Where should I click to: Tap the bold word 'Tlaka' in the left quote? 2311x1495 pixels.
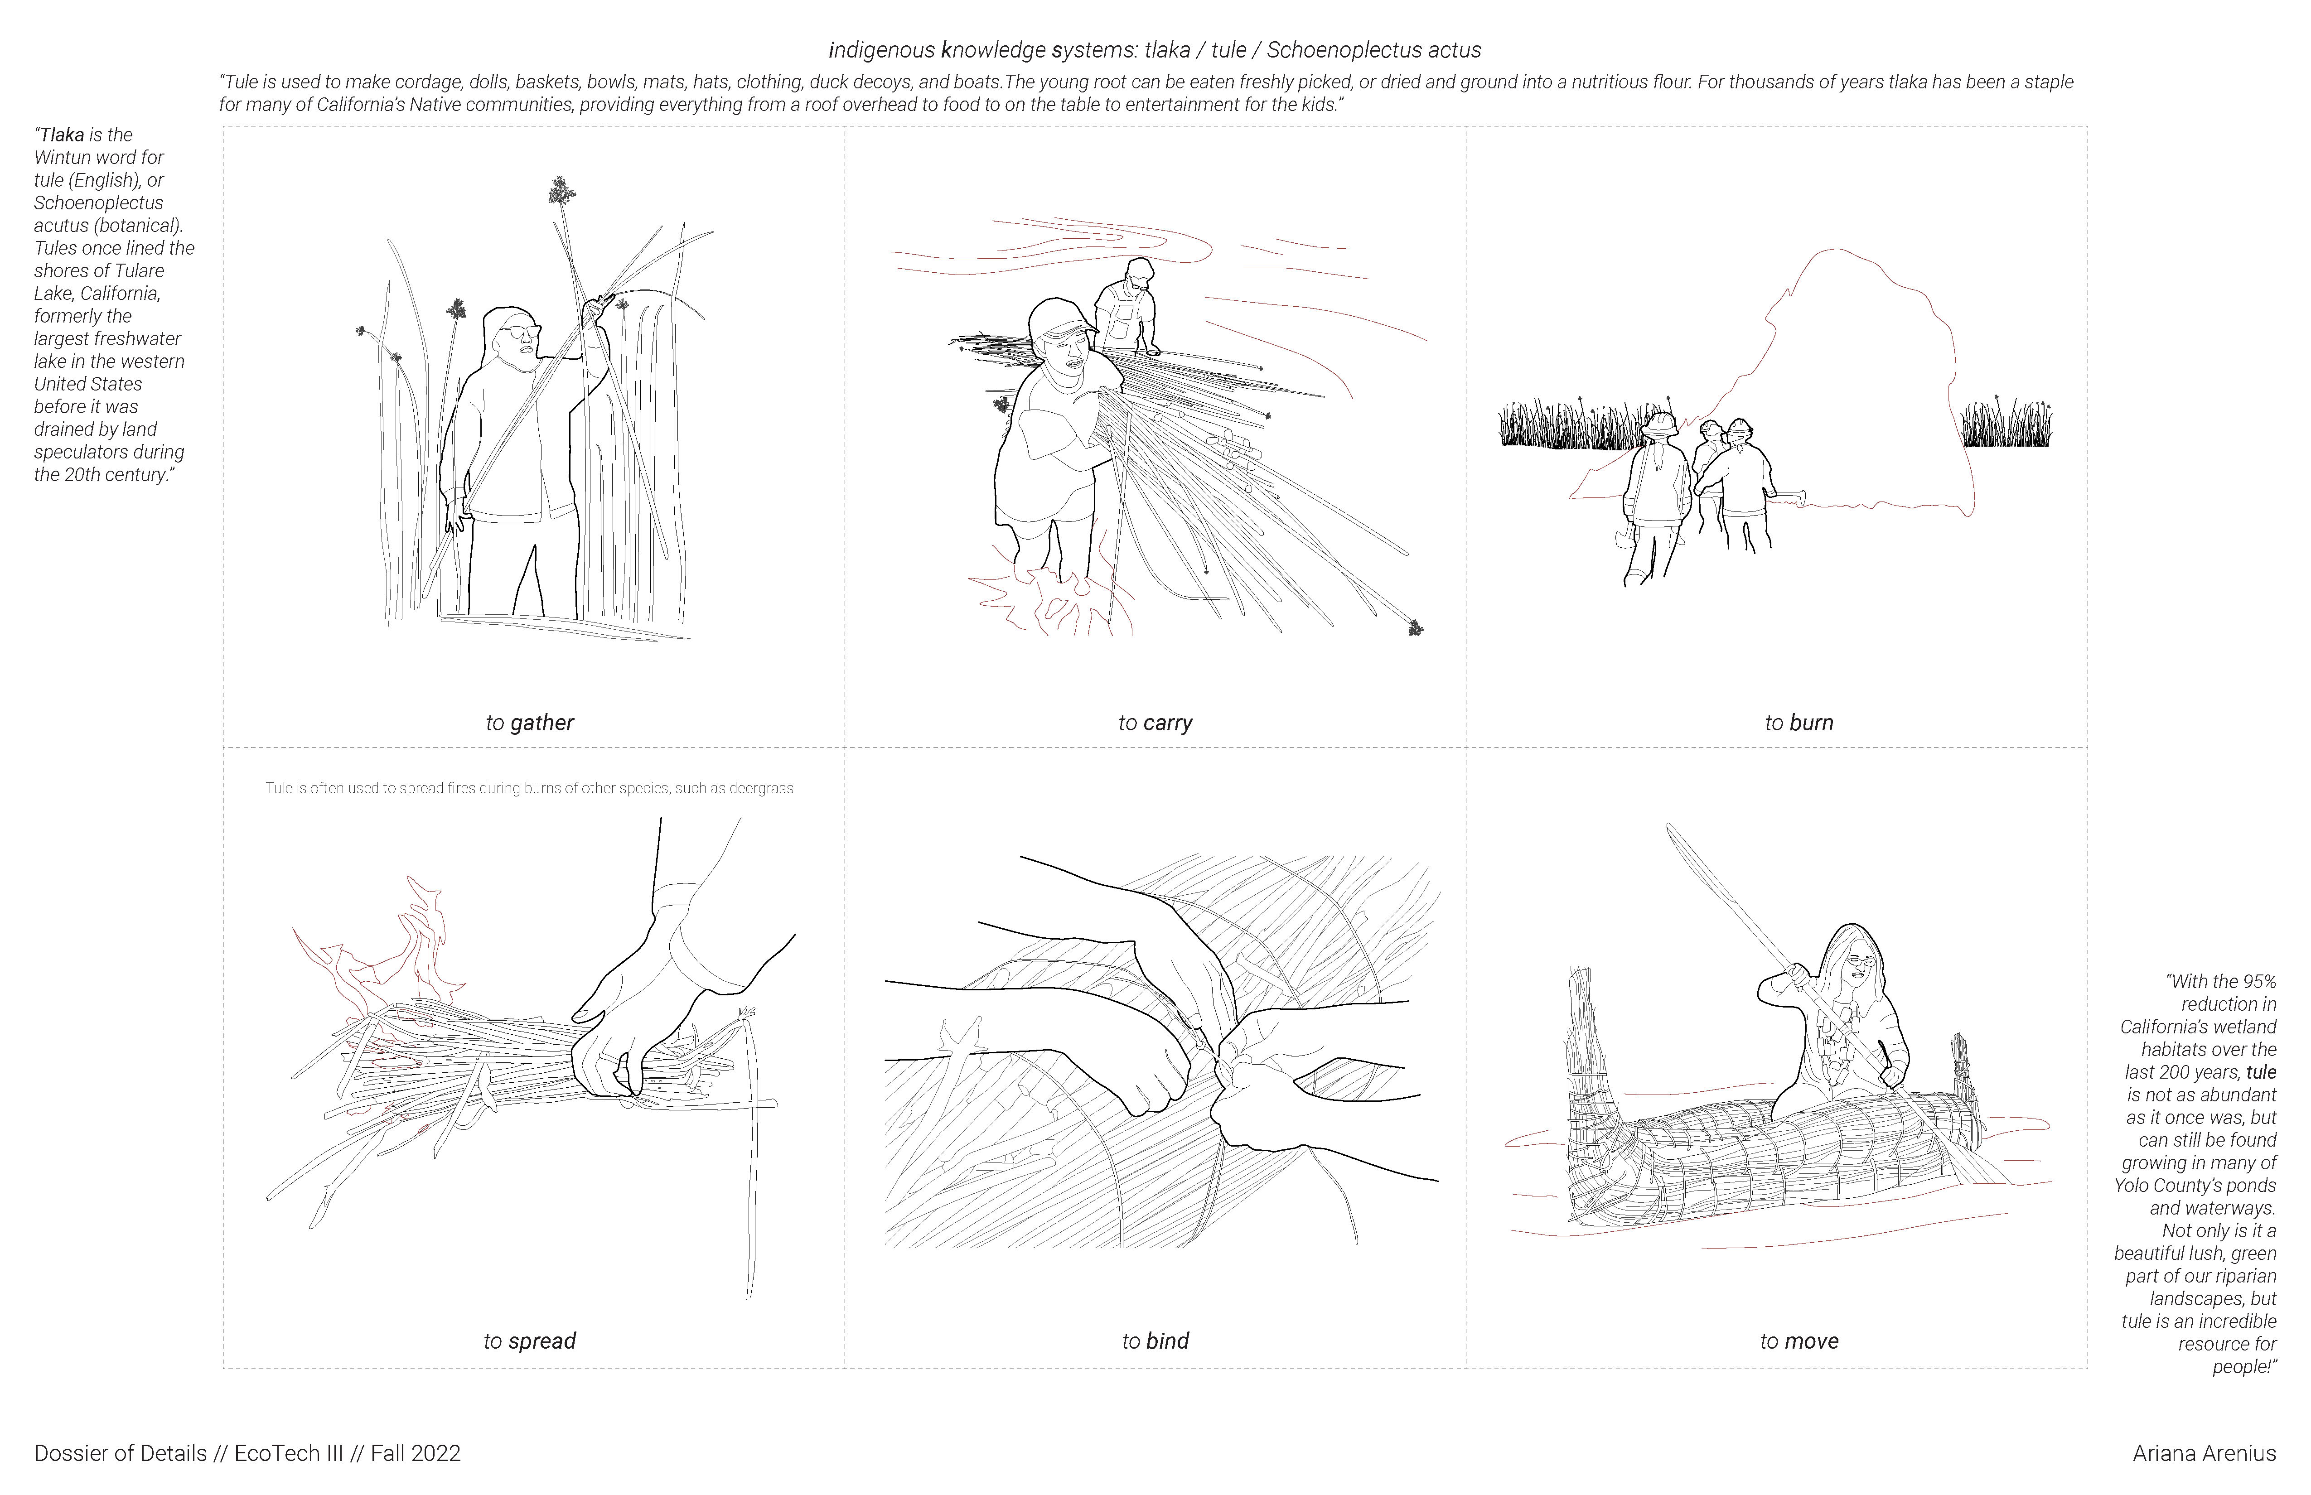pos(62,135)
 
